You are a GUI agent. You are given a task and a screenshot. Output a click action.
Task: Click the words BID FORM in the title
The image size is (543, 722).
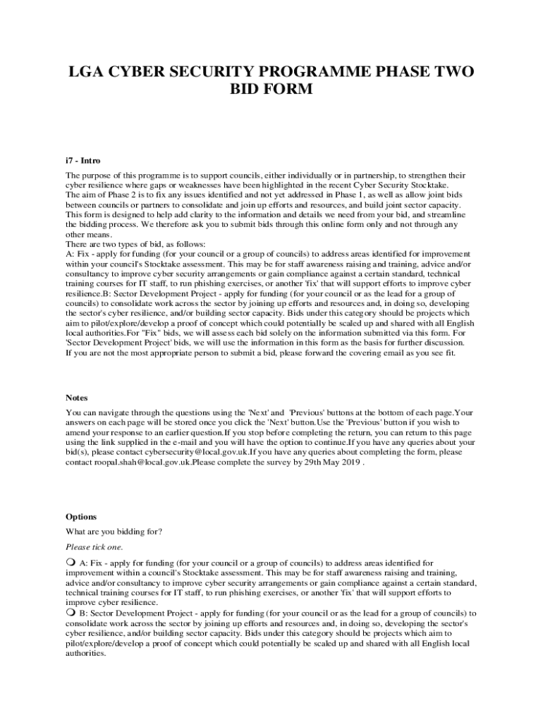pyautogui.click(x=271, y=90)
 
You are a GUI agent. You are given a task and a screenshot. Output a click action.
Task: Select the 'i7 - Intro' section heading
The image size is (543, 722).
pyautogui.click(x=83, y=160)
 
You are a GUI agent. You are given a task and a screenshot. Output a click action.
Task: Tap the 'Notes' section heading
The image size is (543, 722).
pyautogui.click(x=77, y=398)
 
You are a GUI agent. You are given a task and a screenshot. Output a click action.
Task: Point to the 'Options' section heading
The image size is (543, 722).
pyautogui.click(x=81, y=517)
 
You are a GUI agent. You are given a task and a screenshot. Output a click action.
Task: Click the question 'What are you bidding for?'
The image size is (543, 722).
pyautogui.click(x=114, y=532)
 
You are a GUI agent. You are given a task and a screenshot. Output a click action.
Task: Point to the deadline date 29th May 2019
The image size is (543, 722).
pyautogui.click(x=332, y=463)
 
